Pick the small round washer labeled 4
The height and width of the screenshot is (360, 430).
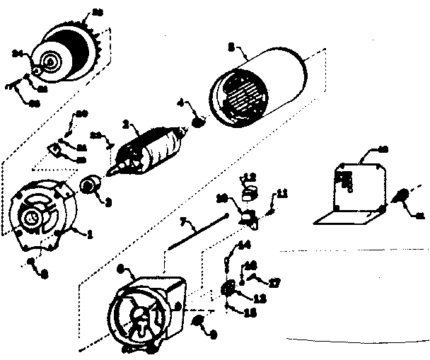click(x=198, y=121)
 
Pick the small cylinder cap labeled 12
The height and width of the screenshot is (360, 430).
click(x=250, y=192)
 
